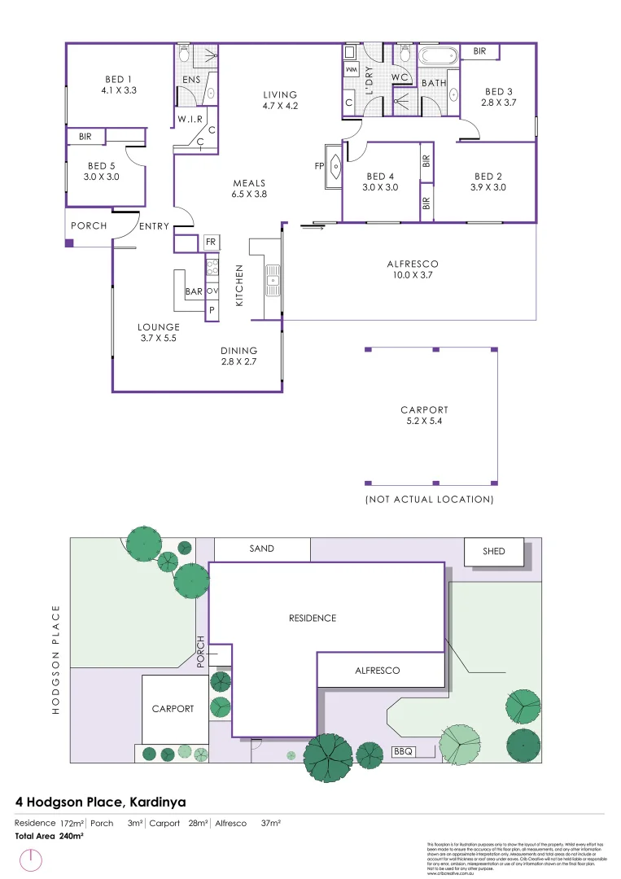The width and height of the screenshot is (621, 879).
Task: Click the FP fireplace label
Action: [x=320, y=166]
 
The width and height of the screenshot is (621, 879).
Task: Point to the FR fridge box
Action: [x=210, y=243]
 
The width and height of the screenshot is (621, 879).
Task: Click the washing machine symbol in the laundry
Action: [x=351, y=71]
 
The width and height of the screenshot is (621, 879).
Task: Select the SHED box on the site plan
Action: [x=493, y=552]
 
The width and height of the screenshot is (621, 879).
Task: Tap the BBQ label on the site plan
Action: [x=404, y=750]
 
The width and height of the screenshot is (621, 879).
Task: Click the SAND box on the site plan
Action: [x=261, y=549]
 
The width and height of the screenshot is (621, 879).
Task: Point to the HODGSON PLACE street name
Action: [x=56, y=659]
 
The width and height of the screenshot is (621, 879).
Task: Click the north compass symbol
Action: [x=30, y=860]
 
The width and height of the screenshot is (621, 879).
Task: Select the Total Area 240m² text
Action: [x=50, y=836]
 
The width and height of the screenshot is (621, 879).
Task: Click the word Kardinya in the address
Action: [x=158, y=802]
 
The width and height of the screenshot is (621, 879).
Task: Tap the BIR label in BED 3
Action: [x=479, y=50]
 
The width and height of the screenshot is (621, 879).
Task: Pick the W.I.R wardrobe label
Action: [x=190, y=120]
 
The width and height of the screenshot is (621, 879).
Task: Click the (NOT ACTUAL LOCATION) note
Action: [x=429, y=499]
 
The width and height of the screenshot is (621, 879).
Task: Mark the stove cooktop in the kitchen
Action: [x=211, y=265]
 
